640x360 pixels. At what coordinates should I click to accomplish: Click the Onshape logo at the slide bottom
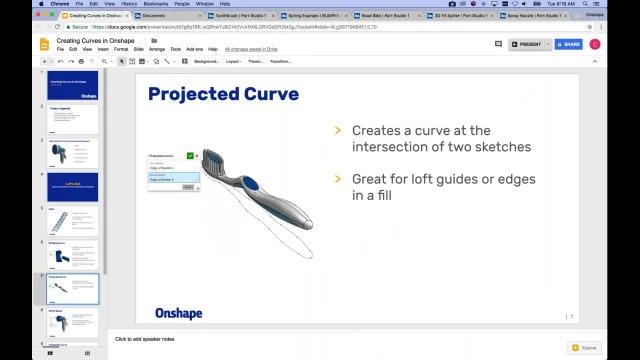coord(178,313)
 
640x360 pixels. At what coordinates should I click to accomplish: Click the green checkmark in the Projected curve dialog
coord(190,155)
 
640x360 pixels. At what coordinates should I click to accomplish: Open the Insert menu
coord(103,49)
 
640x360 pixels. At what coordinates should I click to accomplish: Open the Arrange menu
coord(157,49)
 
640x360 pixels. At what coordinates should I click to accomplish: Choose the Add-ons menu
coord(194,49)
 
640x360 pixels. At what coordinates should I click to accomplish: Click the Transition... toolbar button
coord(280,61)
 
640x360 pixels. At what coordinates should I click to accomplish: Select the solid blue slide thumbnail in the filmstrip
coord(73,187)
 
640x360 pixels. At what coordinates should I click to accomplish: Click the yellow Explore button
coord(586,348)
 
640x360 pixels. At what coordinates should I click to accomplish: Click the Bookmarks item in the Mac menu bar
coord(155,4)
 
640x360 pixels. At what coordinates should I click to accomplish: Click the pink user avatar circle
coord(595,44)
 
